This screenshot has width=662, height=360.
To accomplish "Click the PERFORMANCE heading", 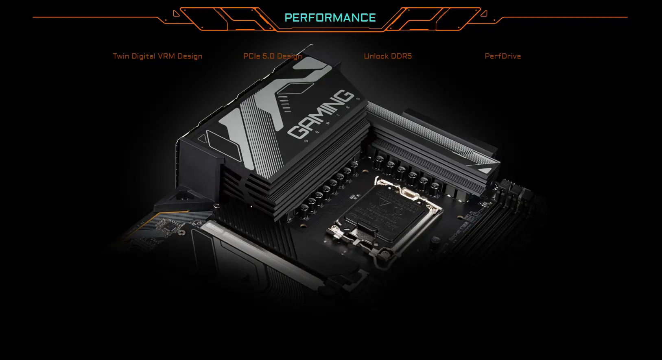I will [330, 18].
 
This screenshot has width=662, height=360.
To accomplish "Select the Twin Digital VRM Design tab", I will [157, 56].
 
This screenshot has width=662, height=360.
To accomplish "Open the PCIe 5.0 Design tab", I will [272, 56].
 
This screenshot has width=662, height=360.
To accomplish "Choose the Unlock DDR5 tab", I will [387, 56].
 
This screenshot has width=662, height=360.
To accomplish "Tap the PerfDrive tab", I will [503, 56].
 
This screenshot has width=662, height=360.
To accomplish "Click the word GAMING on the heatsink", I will [321, 114].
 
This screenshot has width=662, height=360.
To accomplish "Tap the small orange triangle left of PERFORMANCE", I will [176, 13].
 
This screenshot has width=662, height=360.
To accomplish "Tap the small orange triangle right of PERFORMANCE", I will [484, 13].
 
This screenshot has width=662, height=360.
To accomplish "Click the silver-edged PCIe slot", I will [264, 252].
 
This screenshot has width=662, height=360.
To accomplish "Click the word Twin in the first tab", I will [121, 56].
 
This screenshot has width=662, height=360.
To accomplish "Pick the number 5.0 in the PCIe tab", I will [269, 56].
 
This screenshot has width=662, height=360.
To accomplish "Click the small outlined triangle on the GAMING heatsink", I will [202, 139].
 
